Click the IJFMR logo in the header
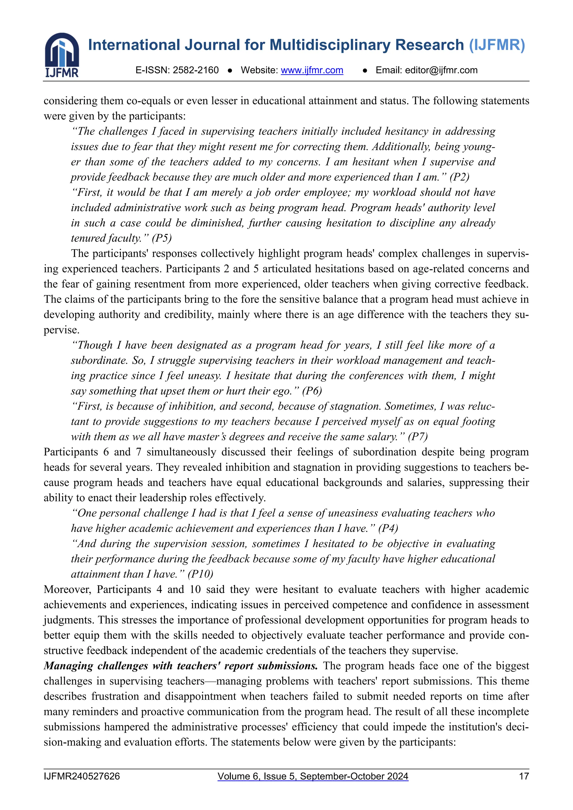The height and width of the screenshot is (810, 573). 62,55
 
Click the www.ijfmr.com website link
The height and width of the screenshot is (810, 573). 312,70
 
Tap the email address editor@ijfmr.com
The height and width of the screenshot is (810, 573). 441,70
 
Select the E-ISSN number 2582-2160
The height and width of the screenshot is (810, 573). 196,70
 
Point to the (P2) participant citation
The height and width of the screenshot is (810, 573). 459,177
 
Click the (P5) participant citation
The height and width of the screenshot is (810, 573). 162,238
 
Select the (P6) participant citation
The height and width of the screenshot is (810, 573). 312,391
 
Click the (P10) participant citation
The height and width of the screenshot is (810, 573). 200,574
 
